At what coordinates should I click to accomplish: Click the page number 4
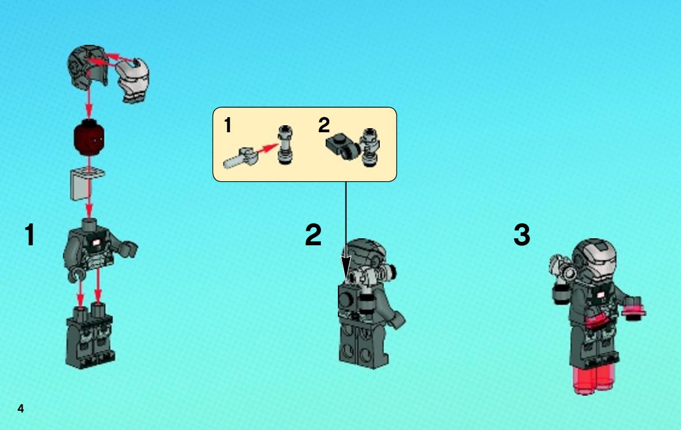(20, 408)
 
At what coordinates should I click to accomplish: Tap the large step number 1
(29, 235)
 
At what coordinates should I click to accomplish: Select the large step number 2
(313, 235)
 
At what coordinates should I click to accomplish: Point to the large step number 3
(521, 235)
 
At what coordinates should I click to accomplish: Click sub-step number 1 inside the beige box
(228, 125)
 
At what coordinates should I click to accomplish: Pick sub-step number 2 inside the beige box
(324, 125)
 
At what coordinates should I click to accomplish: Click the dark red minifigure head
(89, 139)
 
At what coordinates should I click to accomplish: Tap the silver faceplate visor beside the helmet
(134, 81)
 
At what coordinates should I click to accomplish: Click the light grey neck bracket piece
(86, 184)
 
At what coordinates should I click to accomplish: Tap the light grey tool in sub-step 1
(240, 158)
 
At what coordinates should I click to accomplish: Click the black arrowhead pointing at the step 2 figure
(345, 267)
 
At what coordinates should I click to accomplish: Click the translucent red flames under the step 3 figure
(593, 379)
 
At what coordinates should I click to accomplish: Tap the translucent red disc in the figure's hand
(634, 311)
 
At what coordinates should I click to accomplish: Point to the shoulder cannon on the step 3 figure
(563, 267)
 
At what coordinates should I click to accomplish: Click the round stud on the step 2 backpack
(347, 299)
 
